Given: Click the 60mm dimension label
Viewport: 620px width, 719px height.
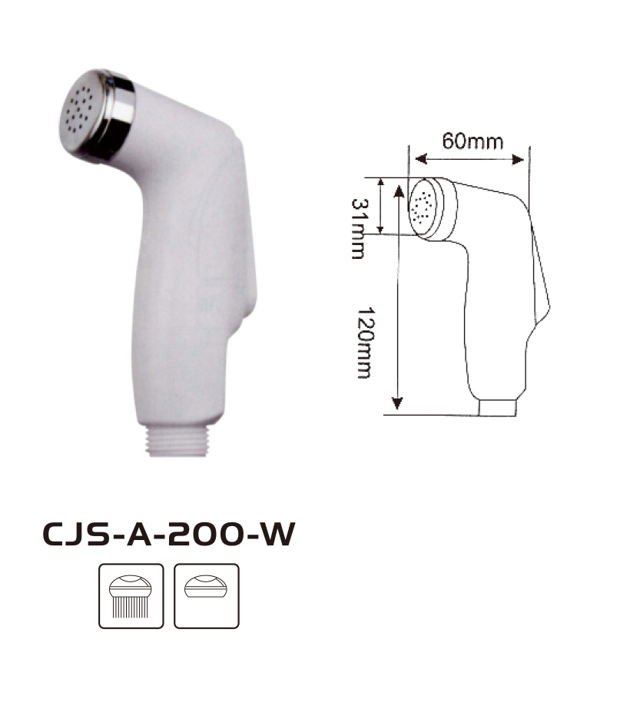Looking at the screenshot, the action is [472, 141].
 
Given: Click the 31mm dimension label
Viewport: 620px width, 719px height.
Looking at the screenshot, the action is [360, 228].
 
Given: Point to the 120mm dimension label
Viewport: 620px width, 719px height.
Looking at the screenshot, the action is [366, 343].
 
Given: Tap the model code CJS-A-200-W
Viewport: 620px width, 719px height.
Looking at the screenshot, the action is [169, 534].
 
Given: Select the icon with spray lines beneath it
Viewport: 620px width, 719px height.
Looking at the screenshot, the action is [131, 595].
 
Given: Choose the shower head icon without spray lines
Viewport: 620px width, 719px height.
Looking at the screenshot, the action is [207, 595].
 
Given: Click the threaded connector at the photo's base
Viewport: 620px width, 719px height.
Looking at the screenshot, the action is [177, 441].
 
